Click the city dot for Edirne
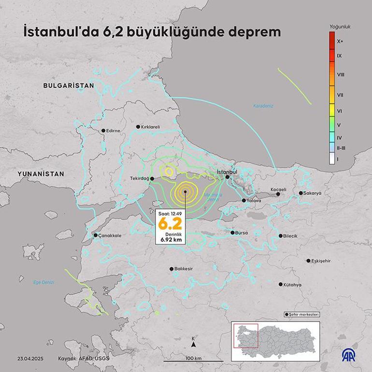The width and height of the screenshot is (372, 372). [x=103, y=130]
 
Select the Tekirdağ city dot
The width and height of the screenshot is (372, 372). [x=152, y=178]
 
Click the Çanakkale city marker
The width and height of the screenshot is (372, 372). [x=96, y=235]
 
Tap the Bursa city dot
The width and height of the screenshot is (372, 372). [x=233, y=232]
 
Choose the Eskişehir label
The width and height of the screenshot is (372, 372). [x=321, y=261]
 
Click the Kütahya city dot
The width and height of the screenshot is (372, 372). [x=281, y=285]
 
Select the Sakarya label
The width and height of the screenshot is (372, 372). [x=313, y=193]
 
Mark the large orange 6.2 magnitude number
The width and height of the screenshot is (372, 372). [x=170, y=224]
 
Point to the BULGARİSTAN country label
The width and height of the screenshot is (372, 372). [x=68, y=85]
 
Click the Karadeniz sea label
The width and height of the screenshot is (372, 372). [x=263, y=105]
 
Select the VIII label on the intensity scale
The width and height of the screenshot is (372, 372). [x=340, y=75]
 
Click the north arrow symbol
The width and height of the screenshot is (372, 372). [x=193, y=345]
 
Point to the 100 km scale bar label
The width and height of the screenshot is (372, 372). [x=193, y=358]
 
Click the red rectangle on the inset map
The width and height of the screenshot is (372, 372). [x=245, y=335]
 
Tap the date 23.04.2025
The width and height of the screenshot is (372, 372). [x=30, y=358]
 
